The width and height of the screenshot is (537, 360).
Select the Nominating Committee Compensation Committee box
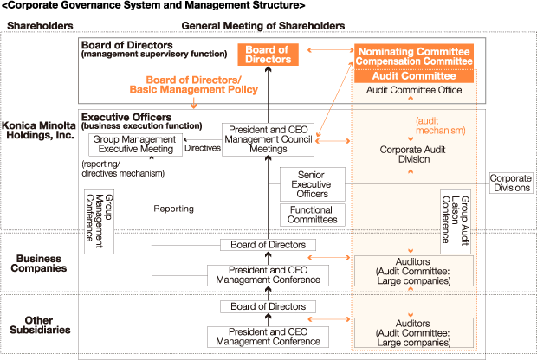415,57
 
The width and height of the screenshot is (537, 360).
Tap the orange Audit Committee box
415,76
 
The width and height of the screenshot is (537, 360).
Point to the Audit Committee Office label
415,90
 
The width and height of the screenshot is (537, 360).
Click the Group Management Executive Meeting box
136,144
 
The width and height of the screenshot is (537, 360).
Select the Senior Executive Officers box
312,184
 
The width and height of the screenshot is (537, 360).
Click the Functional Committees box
312,215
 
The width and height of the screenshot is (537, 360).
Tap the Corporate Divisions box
511,183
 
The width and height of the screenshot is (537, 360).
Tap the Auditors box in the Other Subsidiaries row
415,331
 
